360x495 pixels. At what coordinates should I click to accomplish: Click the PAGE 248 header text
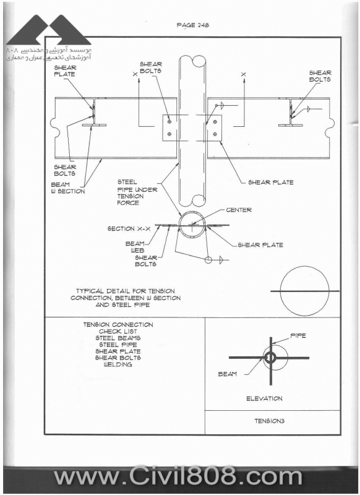(x=193, y=25)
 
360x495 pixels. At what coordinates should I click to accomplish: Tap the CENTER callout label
(x=239, y=210)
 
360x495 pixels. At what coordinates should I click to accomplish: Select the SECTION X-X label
(x=129, y=228)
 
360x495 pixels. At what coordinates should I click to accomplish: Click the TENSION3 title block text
(x=270, y=421)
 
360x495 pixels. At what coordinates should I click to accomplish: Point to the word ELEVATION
(x=264, y=398)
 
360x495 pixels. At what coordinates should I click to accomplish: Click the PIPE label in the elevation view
(x=298, y=335)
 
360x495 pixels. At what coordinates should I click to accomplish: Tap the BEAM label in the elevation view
(x=228, y=374)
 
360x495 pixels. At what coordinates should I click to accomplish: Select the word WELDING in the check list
(x=118, y=364)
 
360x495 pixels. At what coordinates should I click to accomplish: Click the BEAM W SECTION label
(x=68, y=188)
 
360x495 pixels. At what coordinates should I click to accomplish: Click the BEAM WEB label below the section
(x=135, y=247)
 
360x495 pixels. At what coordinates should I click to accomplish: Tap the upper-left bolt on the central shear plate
(x=169, y=121)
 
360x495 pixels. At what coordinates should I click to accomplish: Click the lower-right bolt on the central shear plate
(x=215, y=134)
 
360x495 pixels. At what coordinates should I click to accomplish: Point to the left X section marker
(x=135, y=74)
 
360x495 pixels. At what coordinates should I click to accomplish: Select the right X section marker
(x=243, y=74)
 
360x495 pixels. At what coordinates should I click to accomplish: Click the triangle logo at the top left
(x=49, y=30)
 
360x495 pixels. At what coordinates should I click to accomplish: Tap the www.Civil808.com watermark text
(x=179, y=476)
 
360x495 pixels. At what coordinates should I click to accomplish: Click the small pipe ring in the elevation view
(x=270, y=358)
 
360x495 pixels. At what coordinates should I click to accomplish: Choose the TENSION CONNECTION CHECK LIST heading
(x=118, y=328)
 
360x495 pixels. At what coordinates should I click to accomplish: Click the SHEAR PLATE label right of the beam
(x=271, y=182)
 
